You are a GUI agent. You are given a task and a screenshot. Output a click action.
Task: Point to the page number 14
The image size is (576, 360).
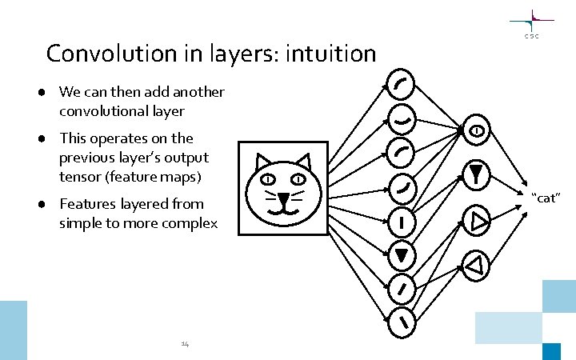(185, 344)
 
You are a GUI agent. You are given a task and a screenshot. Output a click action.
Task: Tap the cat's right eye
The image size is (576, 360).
(299, 178)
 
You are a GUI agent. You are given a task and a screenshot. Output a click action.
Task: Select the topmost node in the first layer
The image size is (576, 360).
(400, 82)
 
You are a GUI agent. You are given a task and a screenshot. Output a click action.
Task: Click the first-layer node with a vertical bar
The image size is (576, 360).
(400, 219)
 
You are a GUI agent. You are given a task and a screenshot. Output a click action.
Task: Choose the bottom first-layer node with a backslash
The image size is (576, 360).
(400, 321)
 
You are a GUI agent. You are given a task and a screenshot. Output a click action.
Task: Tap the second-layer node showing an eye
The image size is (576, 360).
(475, 130)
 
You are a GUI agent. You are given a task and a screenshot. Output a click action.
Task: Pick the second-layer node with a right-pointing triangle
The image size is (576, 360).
(475, 222)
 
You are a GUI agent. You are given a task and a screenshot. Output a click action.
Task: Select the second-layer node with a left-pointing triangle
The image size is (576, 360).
(475, 266)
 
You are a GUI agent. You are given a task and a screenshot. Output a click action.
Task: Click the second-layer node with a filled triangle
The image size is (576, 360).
(475, 174)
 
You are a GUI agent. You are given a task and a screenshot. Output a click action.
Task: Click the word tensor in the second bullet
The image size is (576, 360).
(79, 175)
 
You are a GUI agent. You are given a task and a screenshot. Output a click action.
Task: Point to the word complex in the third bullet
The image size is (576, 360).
(189, 222)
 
